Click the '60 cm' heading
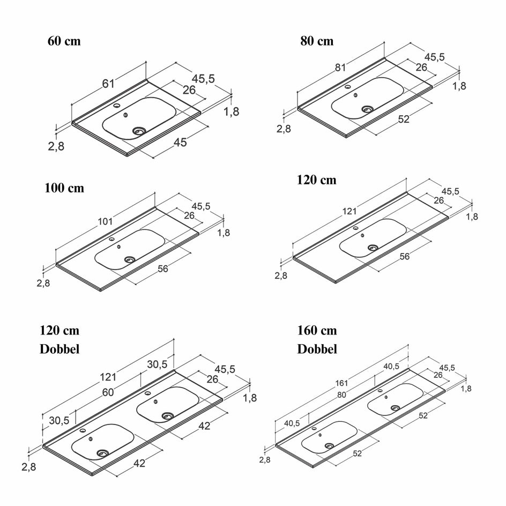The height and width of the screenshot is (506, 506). [64, 41]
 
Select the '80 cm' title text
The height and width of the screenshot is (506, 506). [317, 41]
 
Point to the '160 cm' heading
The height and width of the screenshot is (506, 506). [317, 330]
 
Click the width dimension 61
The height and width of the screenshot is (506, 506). [108, 83]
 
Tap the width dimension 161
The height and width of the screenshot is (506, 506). [341, 383]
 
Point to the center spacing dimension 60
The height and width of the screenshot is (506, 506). [108, 392]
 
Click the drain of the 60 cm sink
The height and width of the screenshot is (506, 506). [139, 130]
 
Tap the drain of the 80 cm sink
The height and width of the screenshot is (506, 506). [368, 109]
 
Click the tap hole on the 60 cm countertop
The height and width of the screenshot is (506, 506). [117, 106]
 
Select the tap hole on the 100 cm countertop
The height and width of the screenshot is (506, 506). [113, 240]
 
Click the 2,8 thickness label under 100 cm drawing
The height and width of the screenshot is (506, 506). [43, 284]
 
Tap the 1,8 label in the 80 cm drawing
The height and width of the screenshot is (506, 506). [459, 85]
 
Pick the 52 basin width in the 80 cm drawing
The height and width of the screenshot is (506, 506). [404, 119]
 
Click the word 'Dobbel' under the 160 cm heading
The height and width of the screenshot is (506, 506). [317, 349]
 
